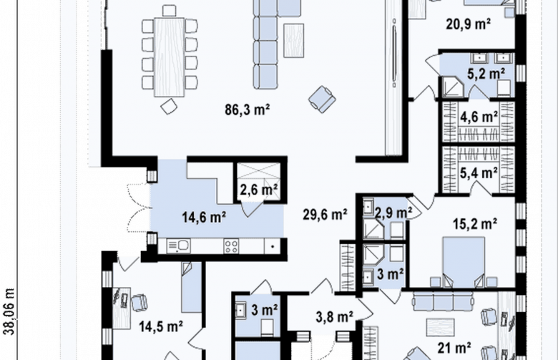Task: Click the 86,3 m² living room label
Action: [x=248, y=110]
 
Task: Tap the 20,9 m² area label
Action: [x=469, y=24]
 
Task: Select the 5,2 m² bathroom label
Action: [x=486, y=74]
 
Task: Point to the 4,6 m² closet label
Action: [x=479, y=117]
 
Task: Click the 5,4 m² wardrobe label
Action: [x=479, y=173]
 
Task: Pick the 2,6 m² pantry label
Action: [x=259, y=190]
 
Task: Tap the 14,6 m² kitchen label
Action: [x=205, y=216]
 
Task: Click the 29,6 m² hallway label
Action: [x=325, y=215]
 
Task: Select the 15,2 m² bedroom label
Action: [x=475, y=224]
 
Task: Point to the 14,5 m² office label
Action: [x=161, y=326]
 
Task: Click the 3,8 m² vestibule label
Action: [x=335, y=316]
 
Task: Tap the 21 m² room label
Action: [x=454, y=348]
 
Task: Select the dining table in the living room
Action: [x=170, y=57]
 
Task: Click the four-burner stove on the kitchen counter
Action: [x=231, y=246]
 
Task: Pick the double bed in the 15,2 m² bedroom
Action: [x=464, y=262]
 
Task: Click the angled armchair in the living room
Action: [x=322, y=99]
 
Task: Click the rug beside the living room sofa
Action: [x=293, y=41]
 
